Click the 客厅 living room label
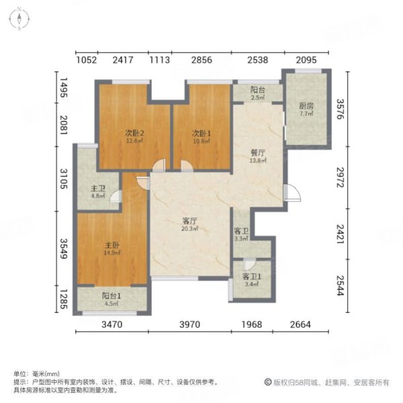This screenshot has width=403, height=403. [x=189, y=220]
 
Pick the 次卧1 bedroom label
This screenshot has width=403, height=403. [x=201, y=132]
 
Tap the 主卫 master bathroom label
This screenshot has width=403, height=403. [x=97, y=189]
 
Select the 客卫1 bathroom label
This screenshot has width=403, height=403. [x=251, y=276]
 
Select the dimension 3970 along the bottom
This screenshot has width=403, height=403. [x=190, y=326]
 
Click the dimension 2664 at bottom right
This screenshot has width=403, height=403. [x=301, y=326]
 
